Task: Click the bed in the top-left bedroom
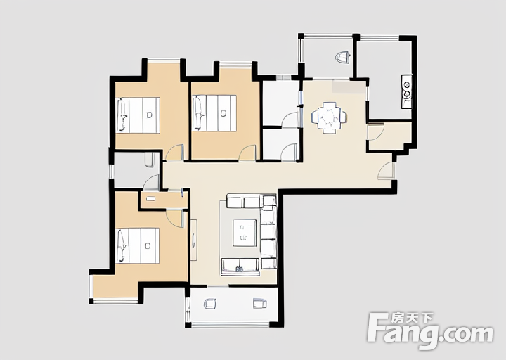(138, 115)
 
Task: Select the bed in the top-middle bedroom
(214, 113)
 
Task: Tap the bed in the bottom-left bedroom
(138, 245)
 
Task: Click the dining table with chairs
(330, 117)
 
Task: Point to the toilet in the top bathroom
(343, 57)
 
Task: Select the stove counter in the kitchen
(407, 91)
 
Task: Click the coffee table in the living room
(245, 233)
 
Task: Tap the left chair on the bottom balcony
(210, 303)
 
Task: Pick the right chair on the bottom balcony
(260, 303)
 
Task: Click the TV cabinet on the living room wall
(194, 240)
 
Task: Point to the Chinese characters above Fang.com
(412, 319)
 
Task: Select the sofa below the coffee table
(240, 266)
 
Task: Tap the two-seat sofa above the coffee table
(243, 201)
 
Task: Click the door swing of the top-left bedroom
(174, 153)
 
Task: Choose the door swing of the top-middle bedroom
(247, 153)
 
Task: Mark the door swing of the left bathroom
(151, 182)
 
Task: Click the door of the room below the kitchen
(375, 131)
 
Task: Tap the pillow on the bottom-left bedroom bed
(122, 245)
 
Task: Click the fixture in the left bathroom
(150, 160)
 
